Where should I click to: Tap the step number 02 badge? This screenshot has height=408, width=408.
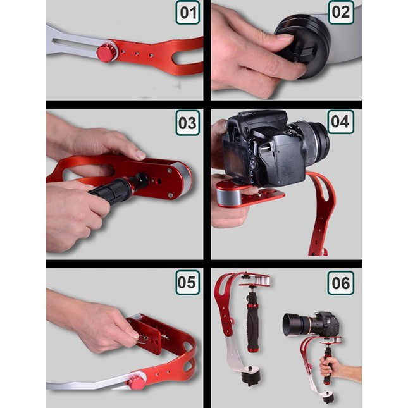pyautogui.click(x=340, y=13)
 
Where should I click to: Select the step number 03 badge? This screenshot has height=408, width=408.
pyautogui.click(x=187, y=122)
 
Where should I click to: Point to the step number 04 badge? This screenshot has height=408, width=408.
pyautogui.click(x=340, y=122)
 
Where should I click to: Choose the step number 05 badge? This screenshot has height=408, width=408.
pyautogui.click(x=187, y=282)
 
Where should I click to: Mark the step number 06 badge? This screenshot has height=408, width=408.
pyautogui.click(x=340, y=282)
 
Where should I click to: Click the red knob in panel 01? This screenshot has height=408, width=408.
pyautogui.click(x=106, y=53)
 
